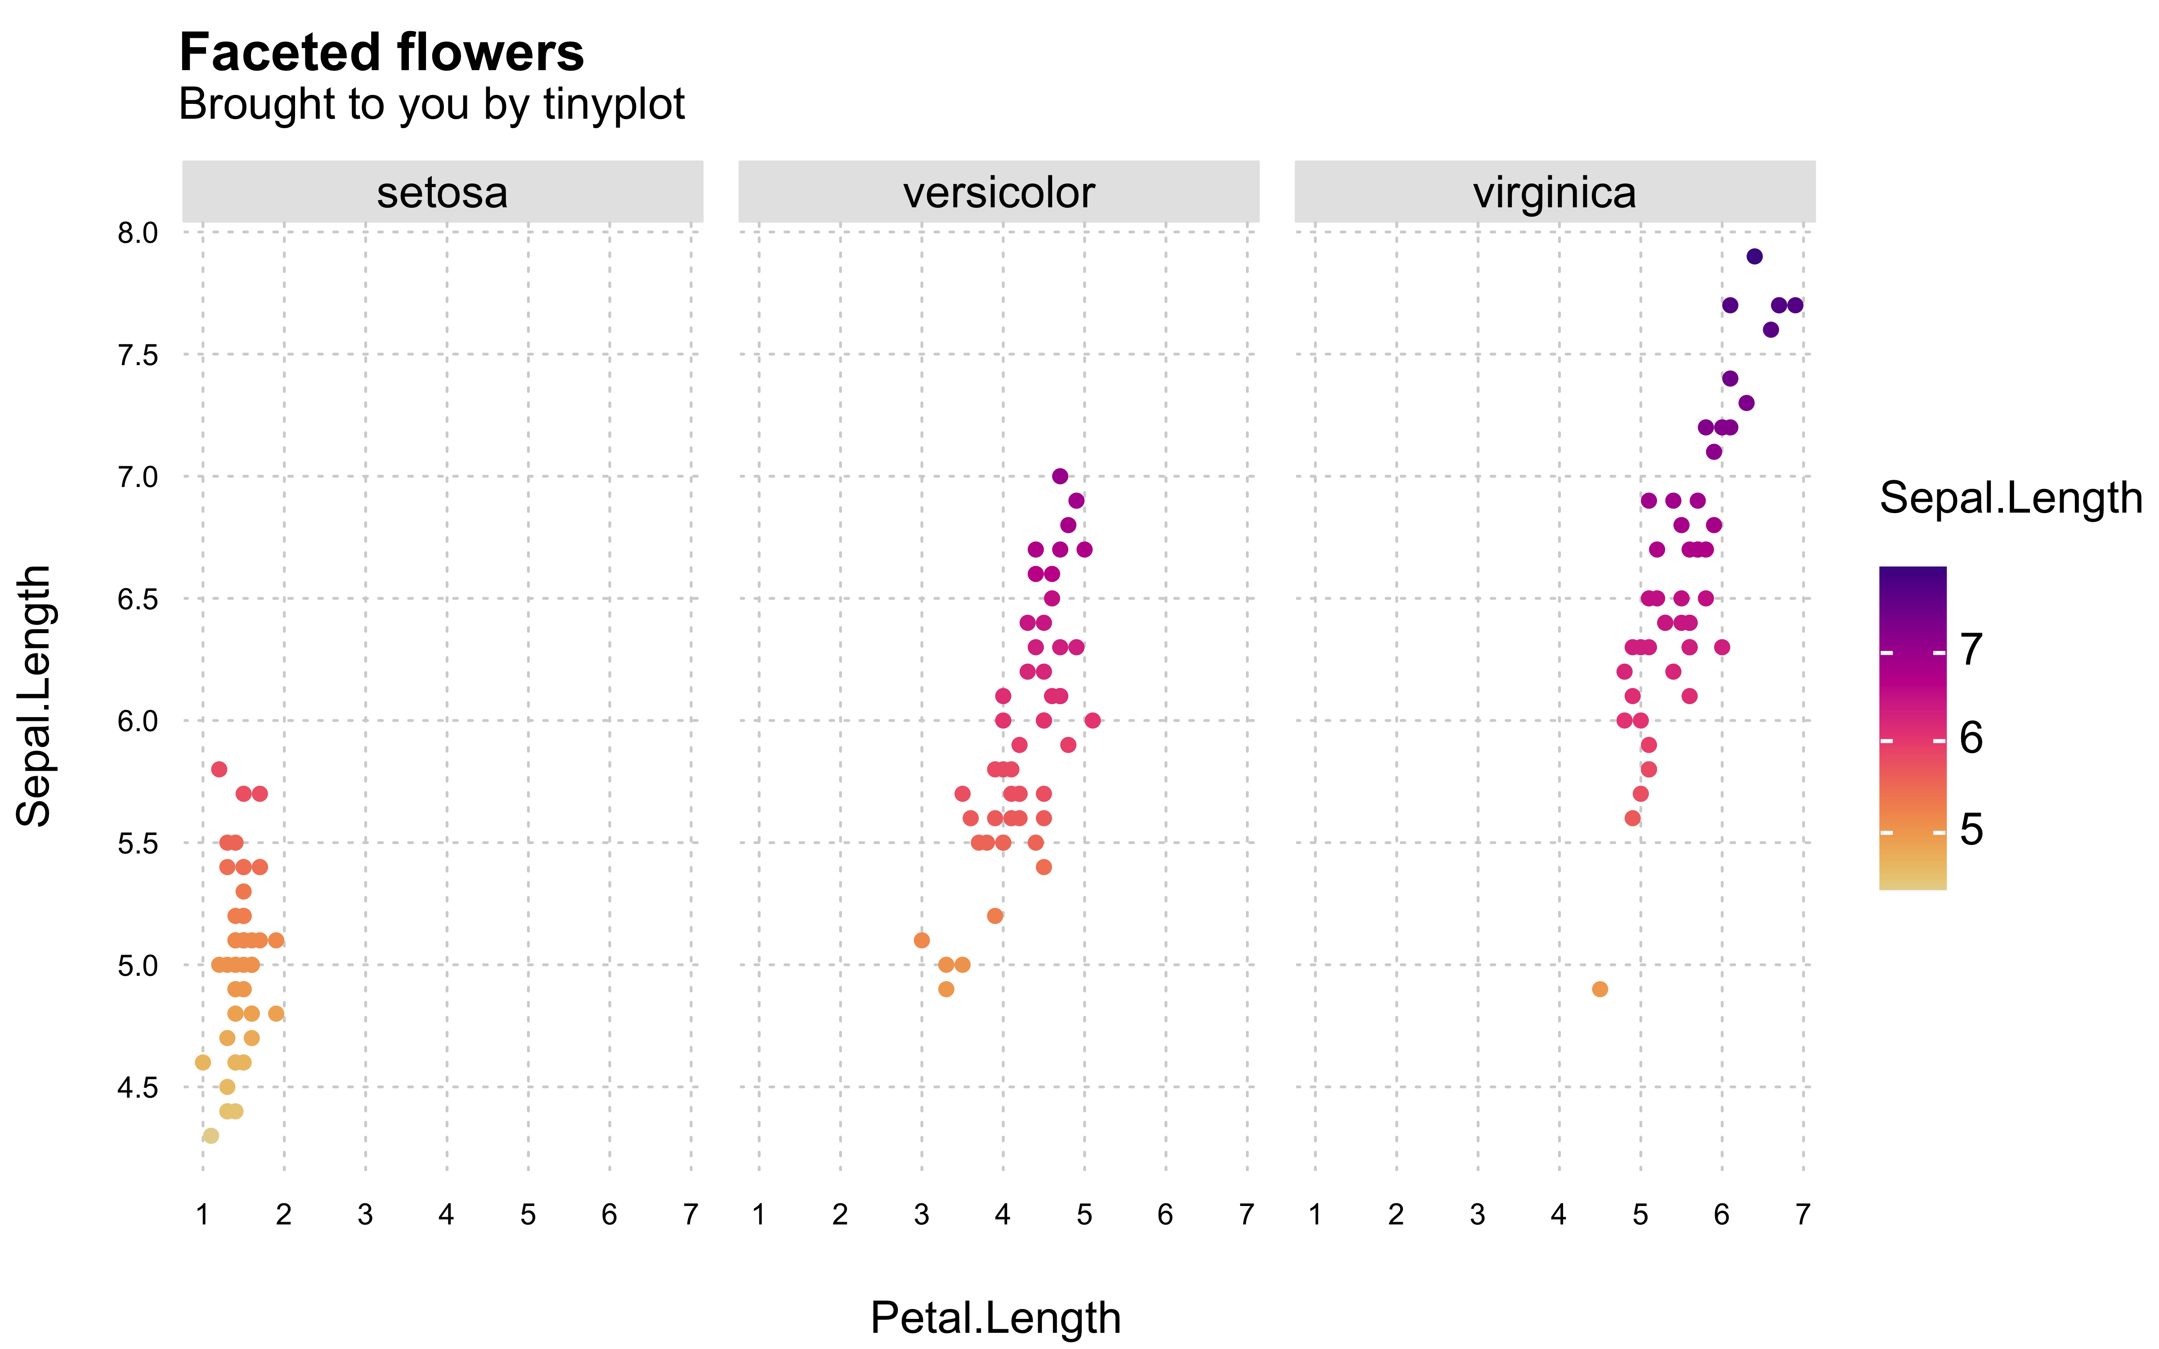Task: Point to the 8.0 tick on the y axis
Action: [x=137, y=234]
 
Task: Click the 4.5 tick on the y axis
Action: [x=137, y=1088]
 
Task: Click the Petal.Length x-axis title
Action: [x=996, y=1318]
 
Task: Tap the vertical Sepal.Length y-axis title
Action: [x=34, y=696]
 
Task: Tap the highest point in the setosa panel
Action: [x=219, y=769]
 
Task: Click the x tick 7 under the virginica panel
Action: [x=1803, y=1214]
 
